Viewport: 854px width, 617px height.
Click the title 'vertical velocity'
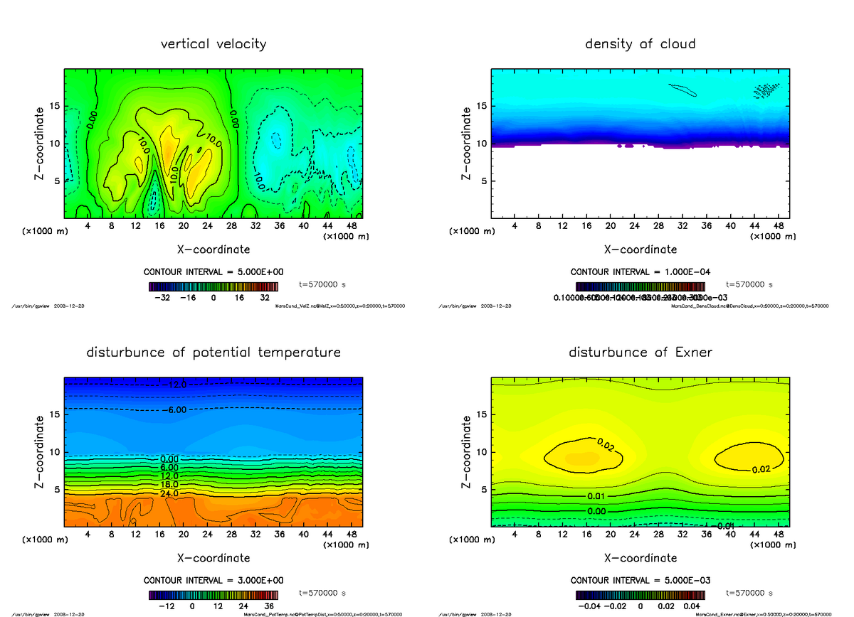213,44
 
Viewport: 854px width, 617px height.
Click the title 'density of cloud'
640,44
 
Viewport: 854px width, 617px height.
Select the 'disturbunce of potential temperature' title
213,353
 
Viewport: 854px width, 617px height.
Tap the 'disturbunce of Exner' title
640,353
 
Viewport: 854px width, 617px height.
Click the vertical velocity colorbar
213,286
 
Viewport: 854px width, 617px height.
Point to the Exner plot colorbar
640,595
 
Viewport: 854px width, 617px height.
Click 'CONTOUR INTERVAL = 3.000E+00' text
213,580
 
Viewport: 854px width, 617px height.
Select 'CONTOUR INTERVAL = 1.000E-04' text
640,272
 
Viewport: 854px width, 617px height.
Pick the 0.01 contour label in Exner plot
596,495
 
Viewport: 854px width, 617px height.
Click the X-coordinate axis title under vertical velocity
213,250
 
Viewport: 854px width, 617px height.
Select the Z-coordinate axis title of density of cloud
468,143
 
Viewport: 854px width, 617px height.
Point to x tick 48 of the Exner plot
779,535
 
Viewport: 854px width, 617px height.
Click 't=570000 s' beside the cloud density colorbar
749,284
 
